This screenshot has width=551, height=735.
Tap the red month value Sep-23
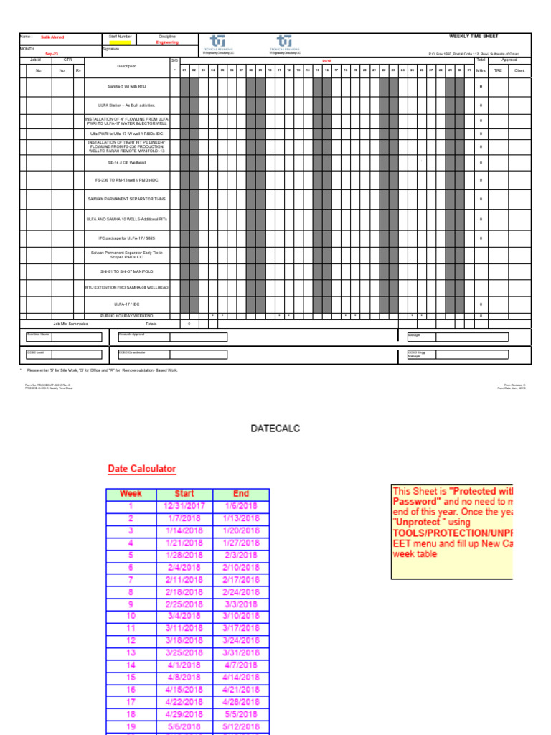pos(52,54)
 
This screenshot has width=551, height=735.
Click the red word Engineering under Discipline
pos(167,42)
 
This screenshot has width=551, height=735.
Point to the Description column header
pos(126,66)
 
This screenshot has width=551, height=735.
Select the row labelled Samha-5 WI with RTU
pos(126,86)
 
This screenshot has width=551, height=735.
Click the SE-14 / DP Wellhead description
pos(126,163)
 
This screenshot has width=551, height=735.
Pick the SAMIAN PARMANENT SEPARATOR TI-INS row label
pos(126,199)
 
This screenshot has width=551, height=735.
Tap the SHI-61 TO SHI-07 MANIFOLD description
pos(126,271)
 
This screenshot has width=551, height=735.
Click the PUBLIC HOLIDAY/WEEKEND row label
pos(126,316)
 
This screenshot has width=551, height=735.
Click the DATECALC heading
pos(275,429)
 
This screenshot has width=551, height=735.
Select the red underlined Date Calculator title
pos(141,469)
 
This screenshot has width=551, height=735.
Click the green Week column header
pos(131,494)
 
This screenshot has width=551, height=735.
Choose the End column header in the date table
pos(241,494)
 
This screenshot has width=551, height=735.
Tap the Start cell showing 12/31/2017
pos(184,506)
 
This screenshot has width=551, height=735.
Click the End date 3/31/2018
pos(241,652)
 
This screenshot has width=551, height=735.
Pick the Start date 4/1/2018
pos(184,665)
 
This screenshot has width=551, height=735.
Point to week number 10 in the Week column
pos(131,616)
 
